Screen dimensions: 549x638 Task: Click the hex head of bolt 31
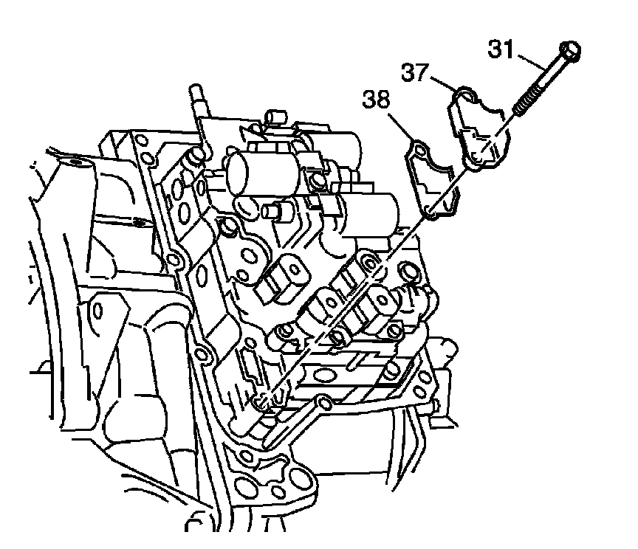point(570,51)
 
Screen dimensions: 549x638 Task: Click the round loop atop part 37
point(465,93)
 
